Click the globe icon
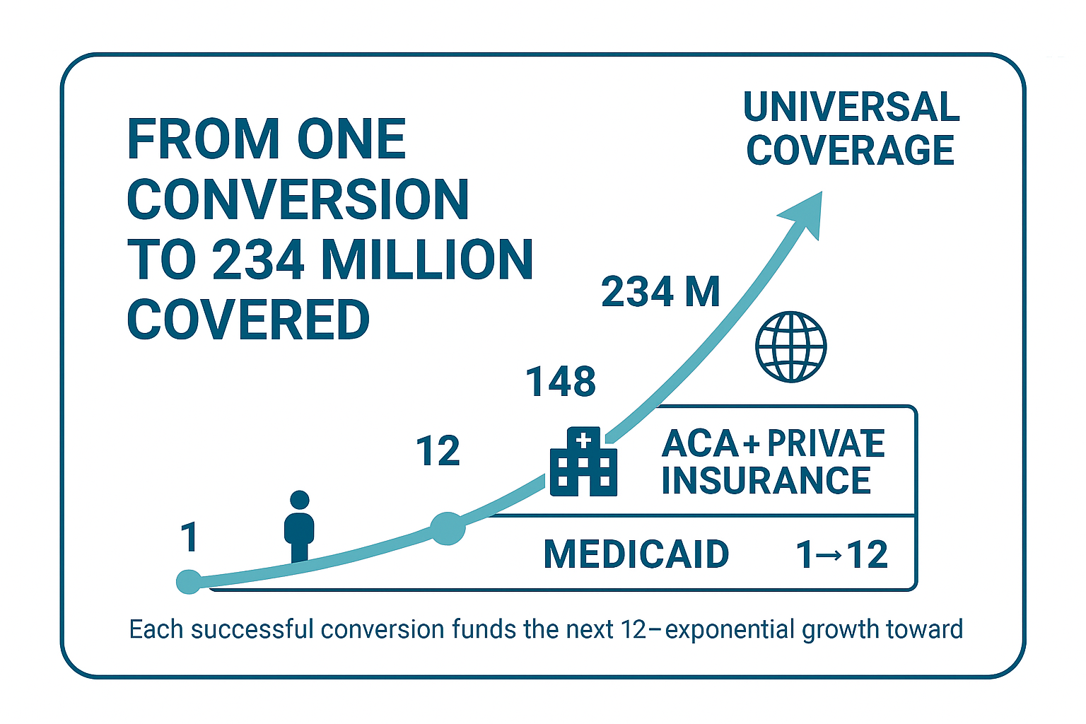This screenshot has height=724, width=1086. click(790, 347)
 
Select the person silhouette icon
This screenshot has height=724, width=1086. click(299, 526)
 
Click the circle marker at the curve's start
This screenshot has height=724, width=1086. click(189, 581)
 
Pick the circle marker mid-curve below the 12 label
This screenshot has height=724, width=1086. click(448, 528)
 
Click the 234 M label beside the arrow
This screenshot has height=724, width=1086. click(660, 292)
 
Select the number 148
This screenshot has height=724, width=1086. click(561, 382)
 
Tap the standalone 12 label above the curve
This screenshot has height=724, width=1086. click(438, 451)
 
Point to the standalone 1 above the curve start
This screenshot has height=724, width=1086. click(189, 537)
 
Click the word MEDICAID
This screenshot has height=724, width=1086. click(636, 554)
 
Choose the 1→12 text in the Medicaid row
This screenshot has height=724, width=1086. click(841, 554)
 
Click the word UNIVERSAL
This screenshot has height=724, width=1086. click(851, 107)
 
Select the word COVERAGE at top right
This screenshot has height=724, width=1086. click(851, 151)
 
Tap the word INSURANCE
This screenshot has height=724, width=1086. click(766, 481)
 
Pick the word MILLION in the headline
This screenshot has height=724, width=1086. click(427, 260)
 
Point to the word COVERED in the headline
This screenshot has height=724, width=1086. click(248, 320)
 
